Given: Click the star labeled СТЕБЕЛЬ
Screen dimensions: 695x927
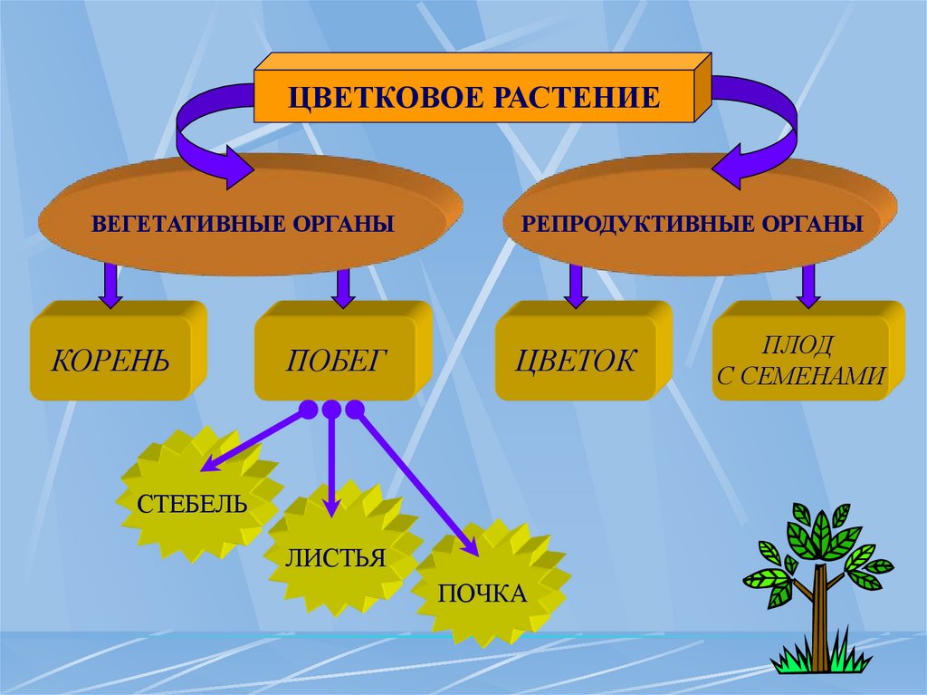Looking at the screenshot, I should [192, 502].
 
